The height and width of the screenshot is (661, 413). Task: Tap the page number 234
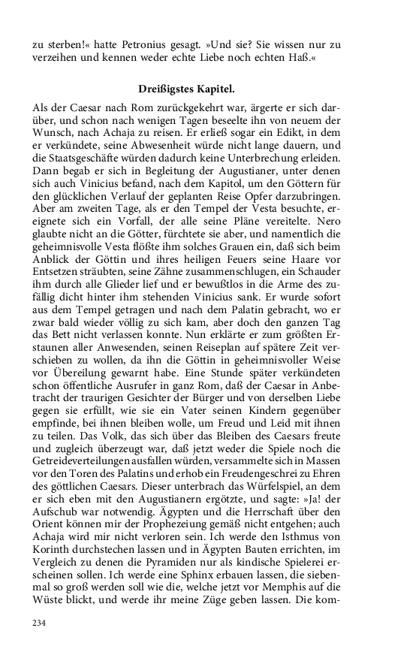[41, 623]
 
